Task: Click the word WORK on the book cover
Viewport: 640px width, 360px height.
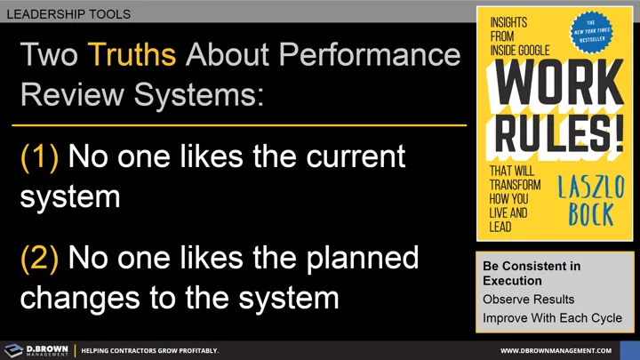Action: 553,87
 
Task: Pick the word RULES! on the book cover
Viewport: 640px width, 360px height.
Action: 553,133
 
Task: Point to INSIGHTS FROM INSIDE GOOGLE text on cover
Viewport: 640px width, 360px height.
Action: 518,37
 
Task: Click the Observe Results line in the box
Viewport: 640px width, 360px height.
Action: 528,300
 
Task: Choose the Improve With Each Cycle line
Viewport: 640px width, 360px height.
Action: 552,317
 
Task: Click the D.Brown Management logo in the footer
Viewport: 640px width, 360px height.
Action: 36,349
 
